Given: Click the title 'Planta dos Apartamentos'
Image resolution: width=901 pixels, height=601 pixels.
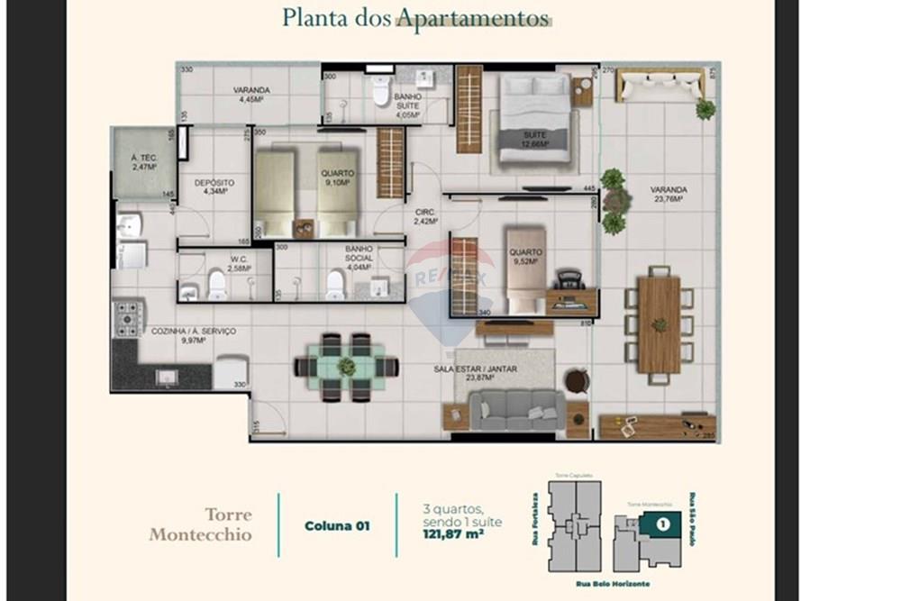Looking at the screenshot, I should click(415, 17).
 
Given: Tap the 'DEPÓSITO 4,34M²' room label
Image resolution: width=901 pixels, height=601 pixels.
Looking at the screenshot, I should click(214, 187).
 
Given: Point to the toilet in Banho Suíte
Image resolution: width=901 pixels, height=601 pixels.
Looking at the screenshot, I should click(380, 91).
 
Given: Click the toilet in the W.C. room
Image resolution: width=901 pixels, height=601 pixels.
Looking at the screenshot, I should click(217, 285).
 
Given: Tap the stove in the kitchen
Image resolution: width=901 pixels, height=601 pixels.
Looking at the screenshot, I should click(128, 318).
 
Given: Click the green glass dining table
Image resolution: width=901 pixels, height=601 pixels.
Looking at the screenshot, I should click(346, 367).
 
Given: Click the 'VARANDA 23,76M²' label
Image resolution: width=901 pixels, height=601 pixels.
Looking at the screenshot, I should click(669, 195).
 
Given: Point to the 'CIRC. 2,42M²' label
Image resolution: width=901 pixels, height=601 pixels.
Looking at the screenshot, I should click(425, 216).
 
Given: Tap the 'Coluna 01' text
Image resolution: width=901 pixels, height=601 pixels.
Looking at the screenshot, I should click(337, 525).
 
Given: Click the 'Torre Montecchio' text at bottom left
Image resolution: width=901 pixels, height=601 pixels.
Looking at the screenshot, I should click(202, 525).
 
